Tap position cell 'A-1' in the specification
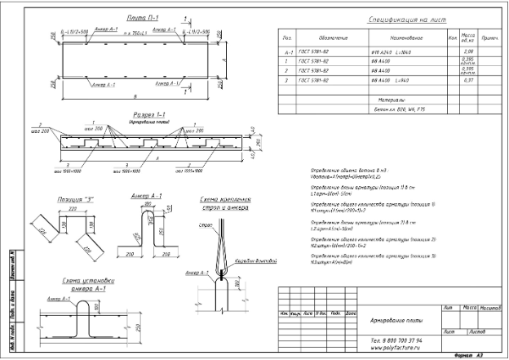[287, 51]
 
